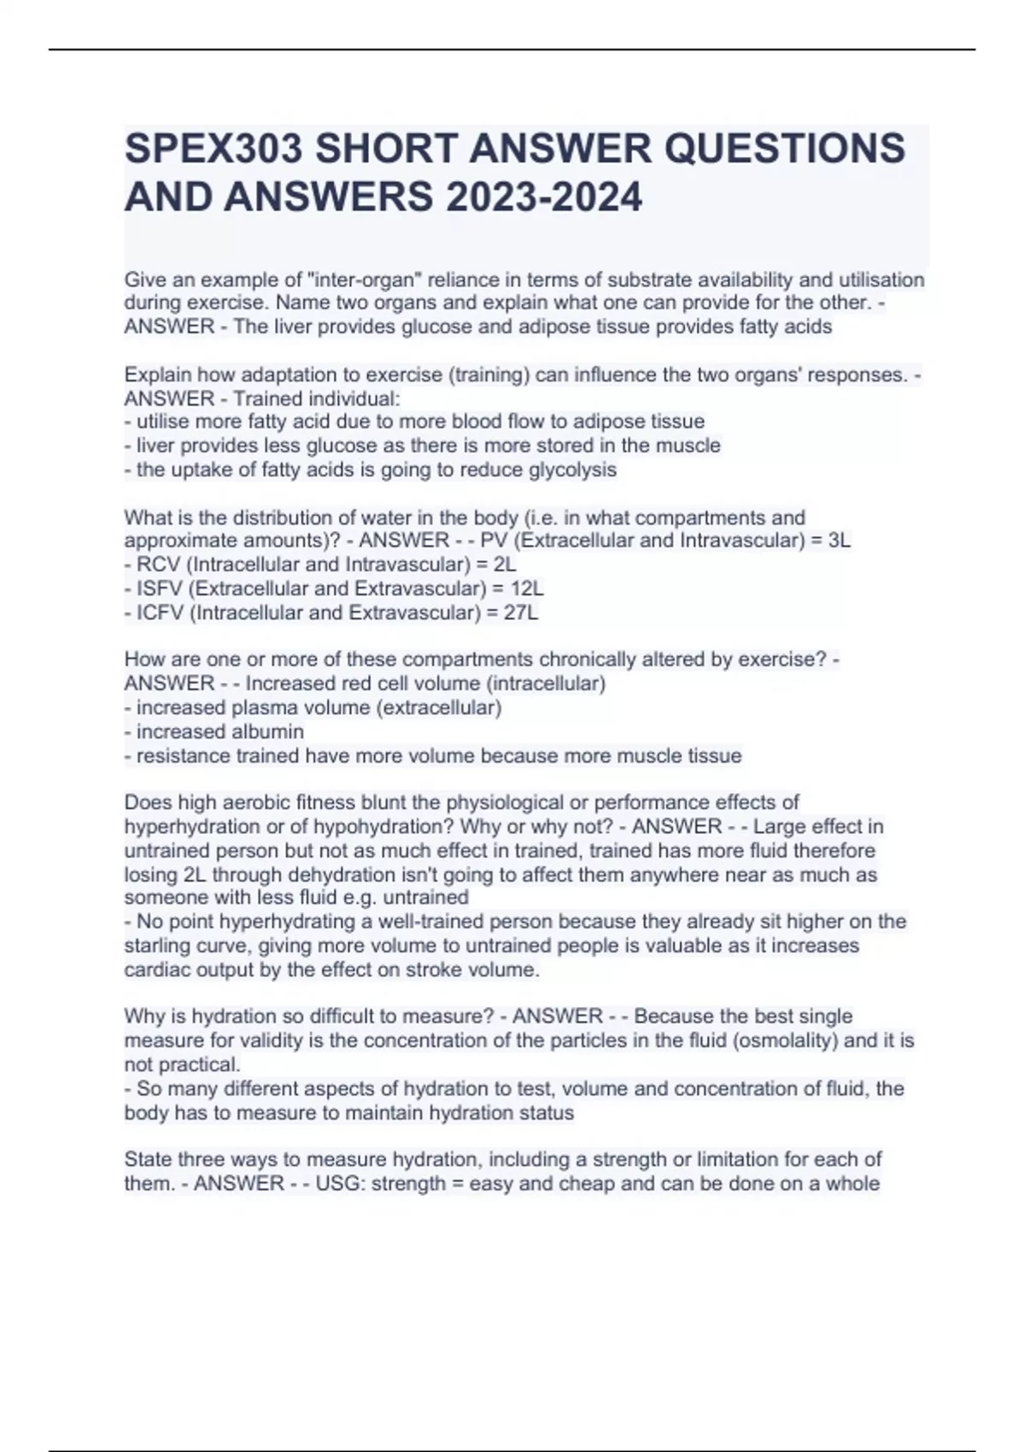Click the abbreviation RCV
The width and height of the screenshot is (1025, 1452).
[158, 565]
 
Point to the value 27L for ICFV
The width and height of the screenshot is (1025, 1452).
[521, 612]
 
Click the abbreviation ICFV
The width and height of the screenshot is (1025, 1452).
[160, 612]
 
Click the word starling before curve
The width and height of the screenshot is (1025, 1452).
[155, 946]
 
